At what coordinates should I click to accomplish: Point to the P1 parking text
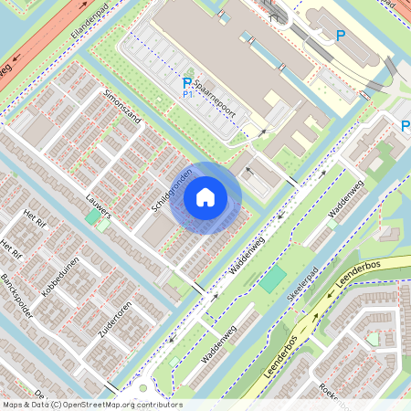point(188,94)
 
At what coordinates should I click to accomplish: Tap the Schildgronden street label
point(171,189)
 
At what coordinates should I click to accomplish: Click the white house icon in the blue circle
point(205,196)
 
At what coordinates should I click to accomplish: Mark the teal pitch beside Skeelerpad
point(270,279)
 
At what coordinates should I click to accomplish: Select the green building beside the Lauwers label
point(92,217)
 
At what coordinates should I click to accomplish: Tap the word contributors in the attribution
point(162,405)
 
